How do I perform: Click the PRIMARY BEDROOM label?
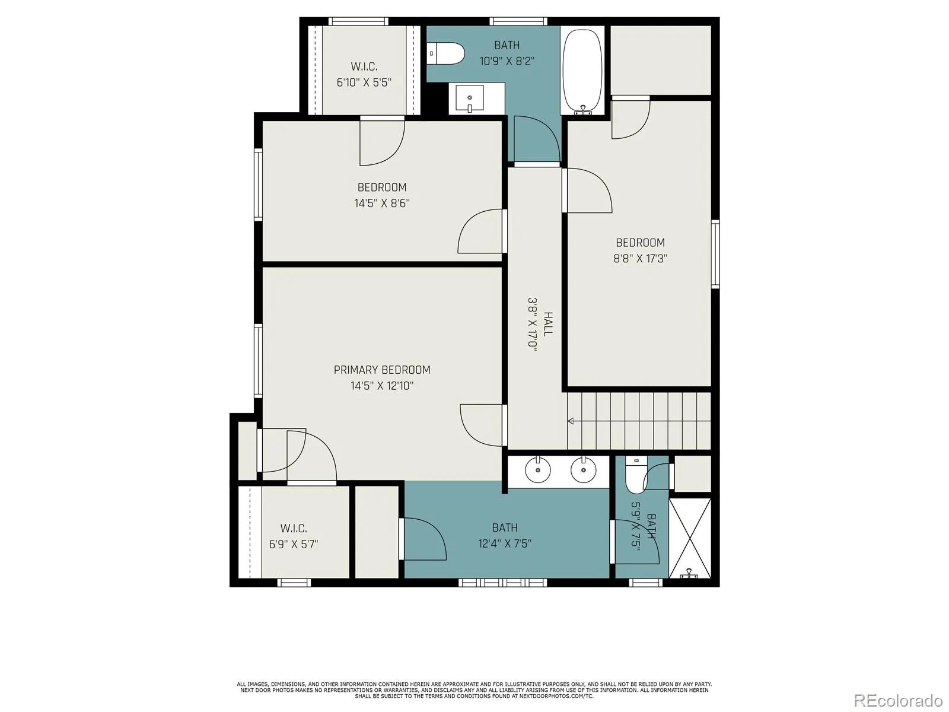[x=382, y=370]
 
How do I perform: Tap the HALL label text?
[x=547, y=324]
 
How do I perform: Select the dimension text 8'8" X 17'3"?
[x=641, y=259]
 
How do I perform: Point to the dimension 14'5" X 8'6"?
[x=382, y=203]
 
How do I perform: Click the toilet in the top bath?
[x=446, y=53]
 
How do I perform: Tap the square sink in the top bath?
[x=470, y=98]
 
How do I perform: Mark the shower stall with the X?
[x=690, y=538]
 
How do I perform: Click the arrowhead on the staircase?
[x=570, y=421]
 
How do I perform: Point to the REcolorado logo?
[x=898, y=700]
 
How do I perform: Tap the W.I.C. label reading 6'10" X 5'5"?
[x=364, y=74]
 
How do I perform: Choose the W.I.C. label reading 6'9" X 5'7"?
[x=294, y=536]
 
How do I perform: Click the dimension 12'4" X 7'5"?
[x=505, y=543]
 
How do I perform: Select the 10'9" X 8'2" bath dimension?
[x=507, y=61]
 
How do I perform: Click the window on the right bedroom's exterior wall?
[x=715, y=254]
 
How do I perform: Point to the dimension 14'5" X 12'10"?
[x=382, y=386]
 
